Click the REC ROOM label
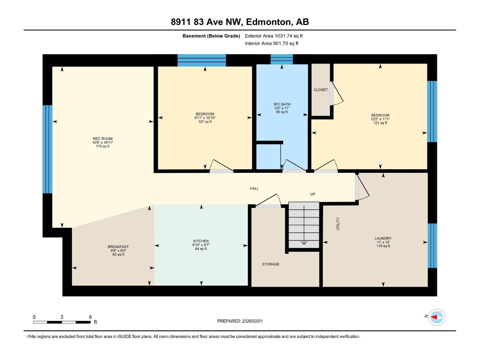coord(103,139)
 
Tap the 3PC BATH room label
coord(282,104)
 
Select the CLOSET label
coord(321,90)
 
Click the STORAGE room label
coord(271,264)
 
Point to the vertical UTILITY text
coord(338,224)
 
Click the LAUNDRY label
coord(383,238)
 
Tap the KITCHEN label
coord(201,241)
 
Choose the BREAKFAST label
coord(118,247)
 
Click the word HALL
coord(254,189)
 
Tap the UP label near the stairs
coord(313,194)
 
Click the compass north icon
coord(436,317)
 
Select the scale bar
coord(62,322)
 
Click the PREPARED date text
coord(240,321)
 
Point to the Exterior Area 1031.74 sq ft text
coord(274,36)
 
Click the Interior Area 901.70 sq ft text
coord(271,43)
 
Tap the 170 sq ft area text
coord(103,146)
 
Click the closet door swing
coord(337,94)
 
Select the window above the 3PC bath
coord(282,59)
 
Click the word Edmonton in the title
coord(269,22)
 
